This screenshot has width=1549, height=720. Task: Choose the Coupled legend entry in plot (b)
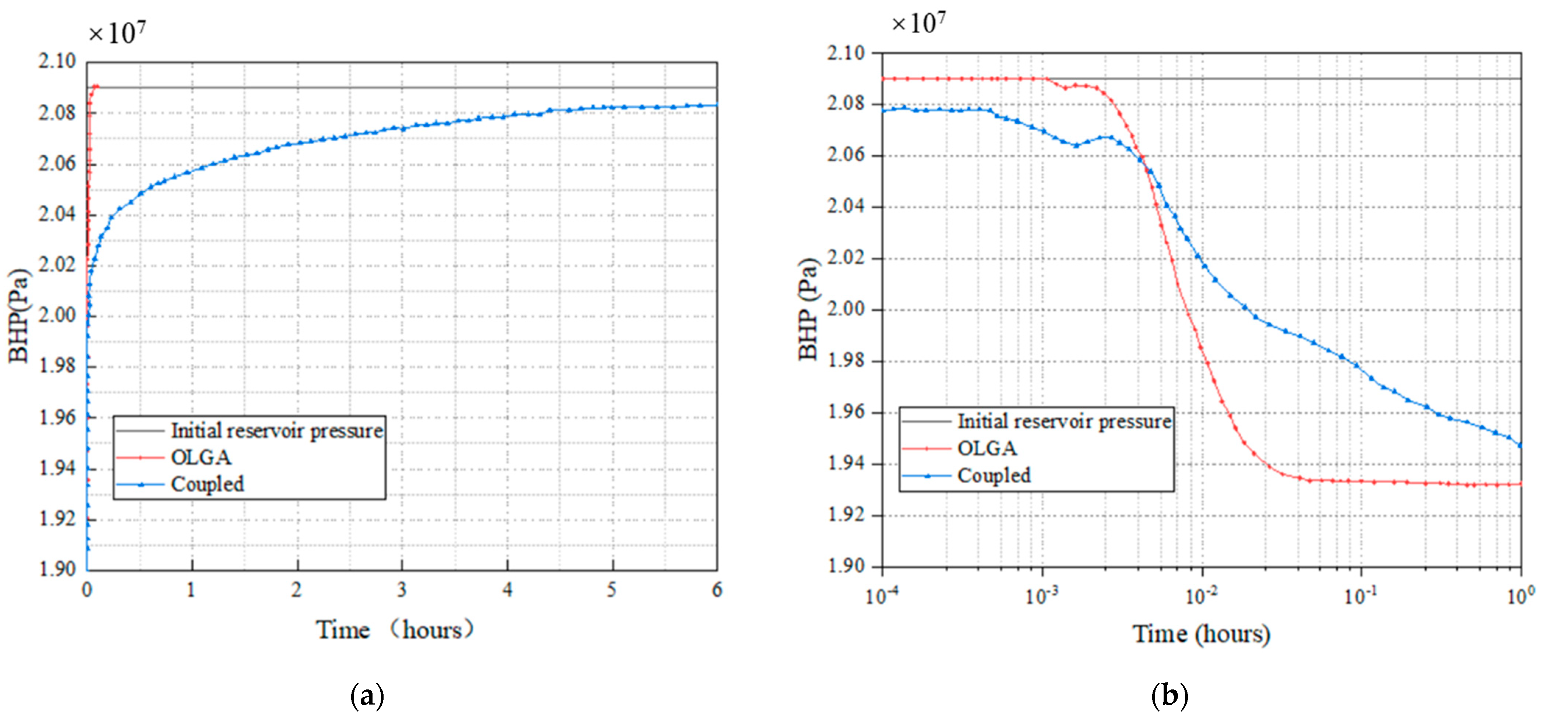pyautogui.click(x=994, y=475)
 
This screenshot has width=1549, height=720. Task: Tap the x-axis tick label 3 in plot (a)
pyautogui.click(x=402, y=590)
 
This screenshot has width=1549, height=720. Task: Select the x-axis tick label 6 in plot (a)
pyautogui.click(x=717, y=590)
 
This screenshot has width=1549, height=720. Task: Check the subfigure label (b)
pyautogui.click(x=1169, y=696)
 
